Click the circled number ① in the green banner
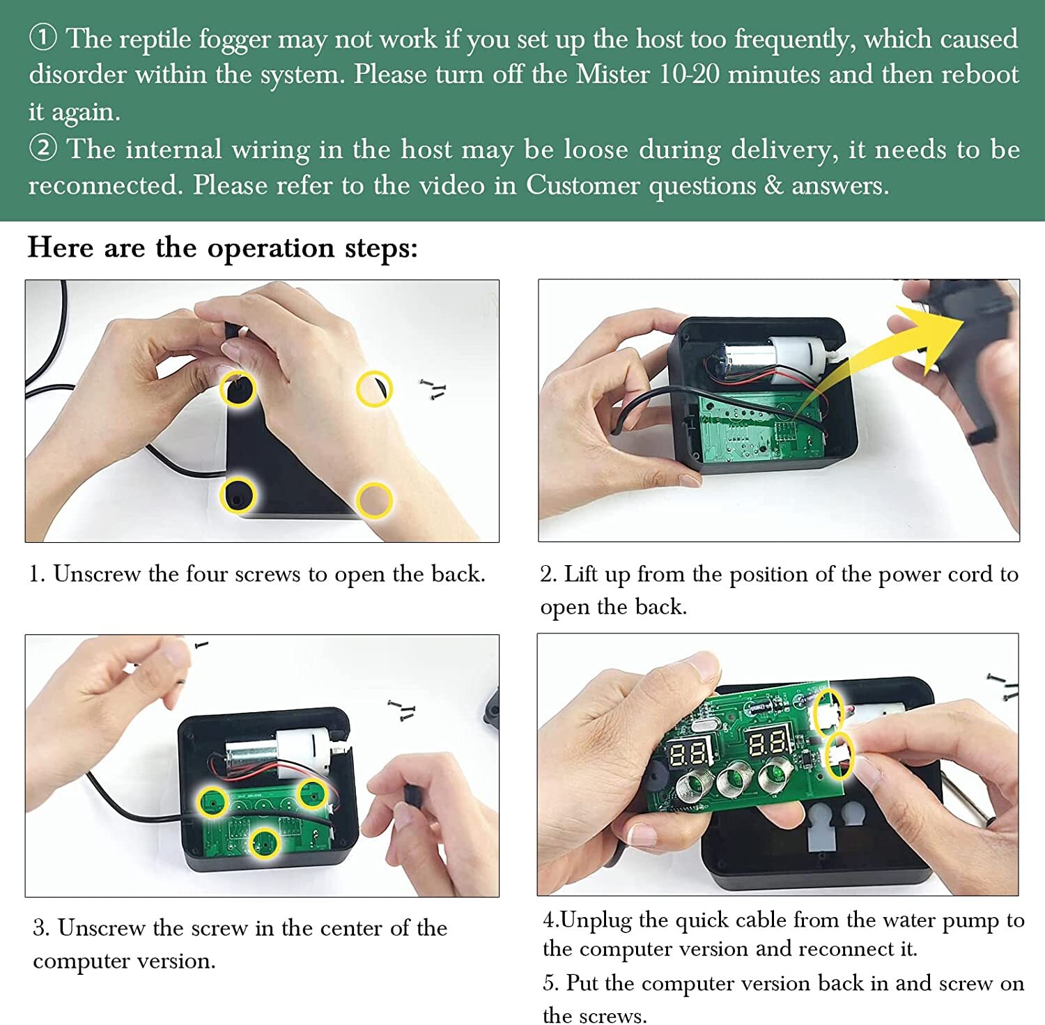[42, 38]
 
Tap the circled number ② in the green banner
[42, 148]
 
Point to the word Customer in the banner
[582, 185]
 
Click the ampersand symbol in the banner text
[773, 185]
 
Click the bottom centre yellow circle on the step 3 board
[265, 843]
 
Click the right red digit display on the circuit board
[768, 743]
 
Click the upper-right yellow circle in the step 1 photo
[374, 389]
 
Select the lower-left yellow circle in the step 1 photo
[238, 495]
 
